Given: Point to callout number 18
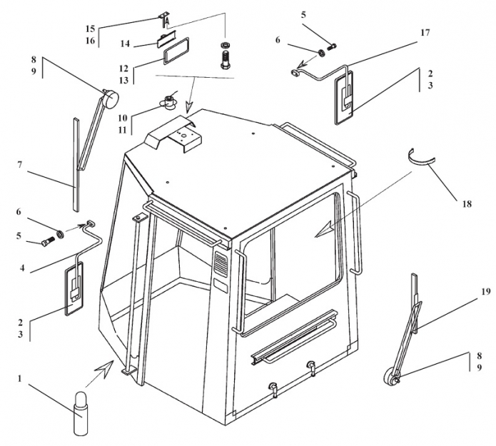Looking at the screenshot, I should (x=467, y=204).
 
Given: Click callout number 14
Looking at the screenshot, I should (x=124, y=44).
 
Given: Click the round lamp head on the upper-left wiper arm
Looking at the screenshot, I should (x=108, y=98).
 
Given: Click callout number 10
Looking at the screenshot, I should (x=122, y=116).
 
